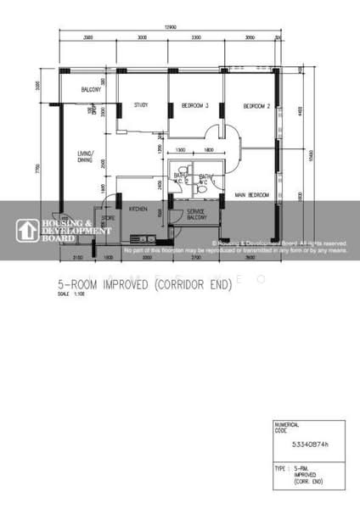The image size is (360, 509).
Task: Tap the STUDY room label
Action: pyautogui.click(x=141, y=105)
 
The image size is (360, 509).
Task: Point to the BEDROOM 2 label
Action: pyautogui.click(x=256, y=106)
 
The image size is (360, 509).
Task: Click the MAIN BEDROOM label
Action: pyautogui.click(x=252, y=196)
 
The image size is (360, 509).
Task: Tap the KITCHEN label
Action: pyautogui.click(x=139, y=208)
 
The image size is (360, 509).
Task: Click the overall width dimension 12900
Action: pyautogui.click(x=171, y=29)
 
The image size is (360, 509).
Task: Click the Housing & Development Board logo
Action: pyautogui.click(x=64, y=230)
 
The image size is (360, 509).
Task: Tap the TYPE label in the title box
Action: pyautogui.click(x=279, y=468)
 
